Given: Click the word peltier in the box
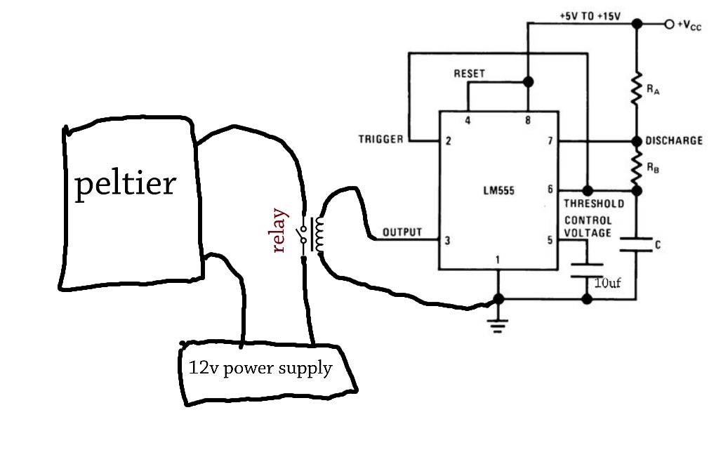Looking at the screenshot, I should point(125,185).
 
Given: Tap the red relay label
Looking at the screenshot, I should point(279,231).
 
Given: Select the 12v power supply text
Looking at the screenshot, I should point(260,368).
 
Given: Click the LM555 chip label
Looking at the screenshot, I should point(498,190).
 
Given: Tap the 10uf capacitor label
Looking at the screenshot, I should point(607,284).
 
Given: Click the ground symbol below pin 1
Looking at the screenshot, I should point(498,324).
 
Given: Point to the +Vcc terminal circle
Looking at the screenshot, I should point(669,24).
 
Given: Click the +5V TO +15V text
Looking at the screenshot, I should point(590,15).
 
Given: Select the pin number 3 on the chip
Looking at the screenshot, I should point(446,241).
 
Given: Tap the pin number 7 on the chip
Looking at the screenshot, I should point(550,140).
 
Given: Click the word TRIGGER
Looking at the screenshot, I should point(380,139).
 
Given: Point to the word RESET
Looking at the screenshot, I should point(469,73).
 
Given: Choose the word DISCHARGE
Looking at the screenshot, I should point(674,140).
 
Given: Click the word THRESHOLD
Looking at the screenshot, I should point(594,204).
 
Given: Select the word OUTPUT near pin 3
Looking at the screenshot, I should point(402,232).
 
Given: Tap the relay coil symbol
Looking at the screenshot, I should point(319,234).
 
